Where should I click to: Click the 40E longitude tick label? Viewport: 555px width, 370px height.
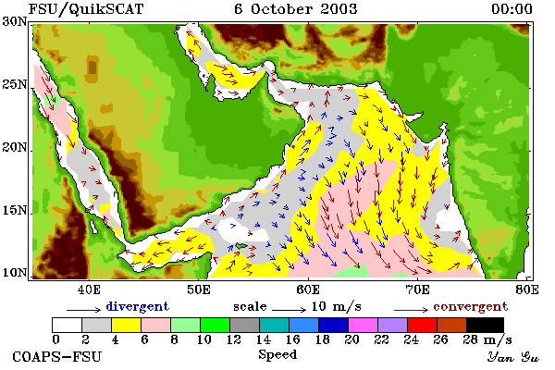point(89,290)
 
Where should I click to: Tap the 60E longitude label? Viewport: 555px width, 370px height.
point(308,290)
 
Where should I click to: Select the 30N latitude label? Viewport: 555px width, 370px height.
point(15,21)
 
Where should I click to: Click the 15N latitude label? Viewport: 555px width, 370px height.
point(15,211)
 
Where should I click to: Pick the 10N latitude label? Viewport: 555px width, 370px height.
point(15,273)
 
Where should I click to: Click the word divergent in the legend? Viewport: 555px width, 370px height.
point(137,306)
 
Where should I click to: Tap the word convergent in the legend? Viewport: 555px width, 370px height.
point(471,306)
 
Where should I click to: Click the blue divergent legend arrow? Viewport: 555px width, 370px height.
point(83,310)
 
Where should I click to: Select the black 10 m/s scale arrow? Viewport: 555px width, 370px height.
point(289,310)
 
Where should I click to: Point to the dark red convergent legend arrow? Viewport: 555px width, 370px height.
point(411,310)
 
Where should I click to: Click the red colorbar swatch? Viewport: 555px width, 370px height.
point(422,325)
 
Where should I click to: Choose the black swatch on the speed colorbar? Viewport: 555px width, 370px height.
point(485,325)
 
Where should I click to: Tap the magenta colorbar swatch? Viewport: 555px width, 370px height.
point(363,325)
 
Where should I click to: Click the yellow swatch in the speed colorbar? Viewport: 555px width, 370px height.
point(127,325)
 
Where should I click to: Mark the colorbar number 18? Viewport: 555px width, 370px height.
point(323,339)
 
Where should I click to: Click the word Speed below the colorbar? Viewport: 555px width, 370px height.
point(277,355)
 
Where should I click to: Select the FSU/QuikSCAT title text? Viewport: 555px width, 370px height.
point(86,9)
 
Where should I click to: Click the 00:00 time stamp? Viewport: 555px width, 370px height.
point(512,9)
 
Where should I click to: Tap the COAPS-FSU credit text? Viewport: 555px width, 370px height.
point(57,356)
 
